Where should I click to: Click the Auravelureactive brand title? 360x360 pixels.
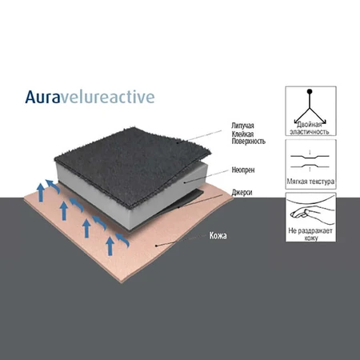[90, 97]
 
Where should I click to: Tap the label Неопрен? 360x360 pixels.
[243, 170]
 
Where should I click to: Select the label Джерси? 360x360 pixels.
[242, 192]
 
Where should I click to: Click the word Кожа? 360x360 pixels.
[218, 236]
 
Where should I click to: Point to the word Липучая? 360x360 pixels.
[242, 126]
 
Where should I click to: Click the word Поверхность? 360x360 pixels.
[248, 141]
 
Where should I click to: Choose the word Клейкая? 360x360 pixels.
[242, 134]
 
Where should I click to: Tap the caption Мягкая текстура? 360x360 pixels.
[310, 182]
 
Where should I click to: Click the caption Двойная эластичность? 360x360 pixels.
[310, 128]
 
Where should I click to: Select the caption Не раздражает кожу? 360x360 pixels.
[310, 234]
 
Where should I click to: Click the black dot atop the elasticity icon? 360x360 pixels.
[310, 91]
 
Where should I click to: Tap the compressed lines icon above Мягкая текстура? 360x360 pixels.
[310, 162]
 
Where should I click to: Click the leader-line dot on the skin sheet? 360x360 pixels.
[157, 246]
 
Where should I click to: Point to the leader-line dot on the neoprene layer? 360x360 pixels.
[185, 182]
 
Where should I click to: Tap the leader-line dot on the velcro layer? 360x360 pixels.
[178, 142]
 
